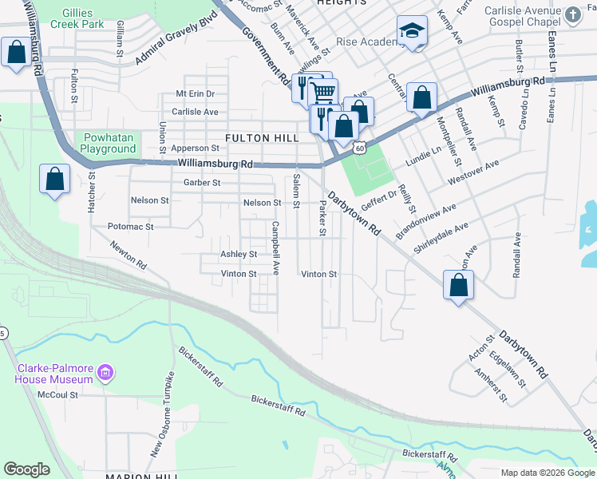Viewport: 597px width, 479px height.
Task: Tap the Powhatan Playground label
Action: (109, 143)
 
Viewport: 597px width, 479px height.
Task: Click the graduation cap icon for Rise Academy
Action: (412, 31)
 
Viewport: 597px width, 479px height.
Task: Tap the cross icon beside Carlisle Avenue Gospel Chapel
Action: (573, 14)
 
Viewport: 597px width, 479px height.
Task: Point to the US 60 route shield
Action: (361, 148)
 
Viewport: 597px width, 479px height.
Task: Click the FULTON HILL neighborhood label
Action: (262, 138)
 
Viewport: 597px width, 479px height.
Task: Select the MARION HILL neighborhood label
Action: (140, 476)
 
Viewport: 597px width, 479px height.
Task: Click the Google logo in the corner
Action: (26, 469)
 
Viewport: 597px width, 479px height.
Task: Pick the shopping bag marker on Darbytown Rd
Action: (459, 286)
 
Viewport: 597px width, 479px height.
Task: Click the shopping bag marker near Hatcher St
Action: (54, 180)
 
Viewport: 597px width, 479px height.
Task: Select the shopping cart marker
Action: (322, 91)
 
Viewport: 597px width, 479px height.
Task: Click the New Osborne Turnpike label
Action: (162, 414)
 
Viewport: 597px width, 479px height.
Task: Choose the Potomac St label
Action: (130, 227)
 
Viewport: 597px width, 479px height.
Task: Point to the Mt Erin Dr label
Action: (196, 93)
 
